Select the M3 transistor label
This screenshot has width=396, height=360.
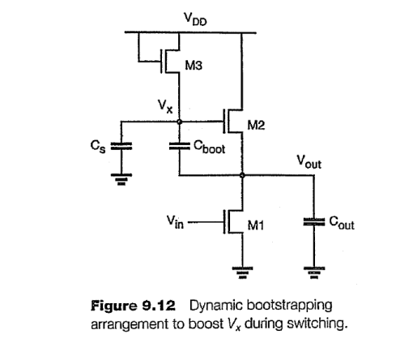tap(194, 66)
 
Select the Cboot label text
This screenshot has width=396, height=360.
tap(211, 150)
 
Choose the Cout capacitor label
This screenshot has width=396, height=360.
tap(340, 224)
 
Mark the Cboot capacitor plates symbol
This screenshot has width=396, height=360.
tap(179, 147)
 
